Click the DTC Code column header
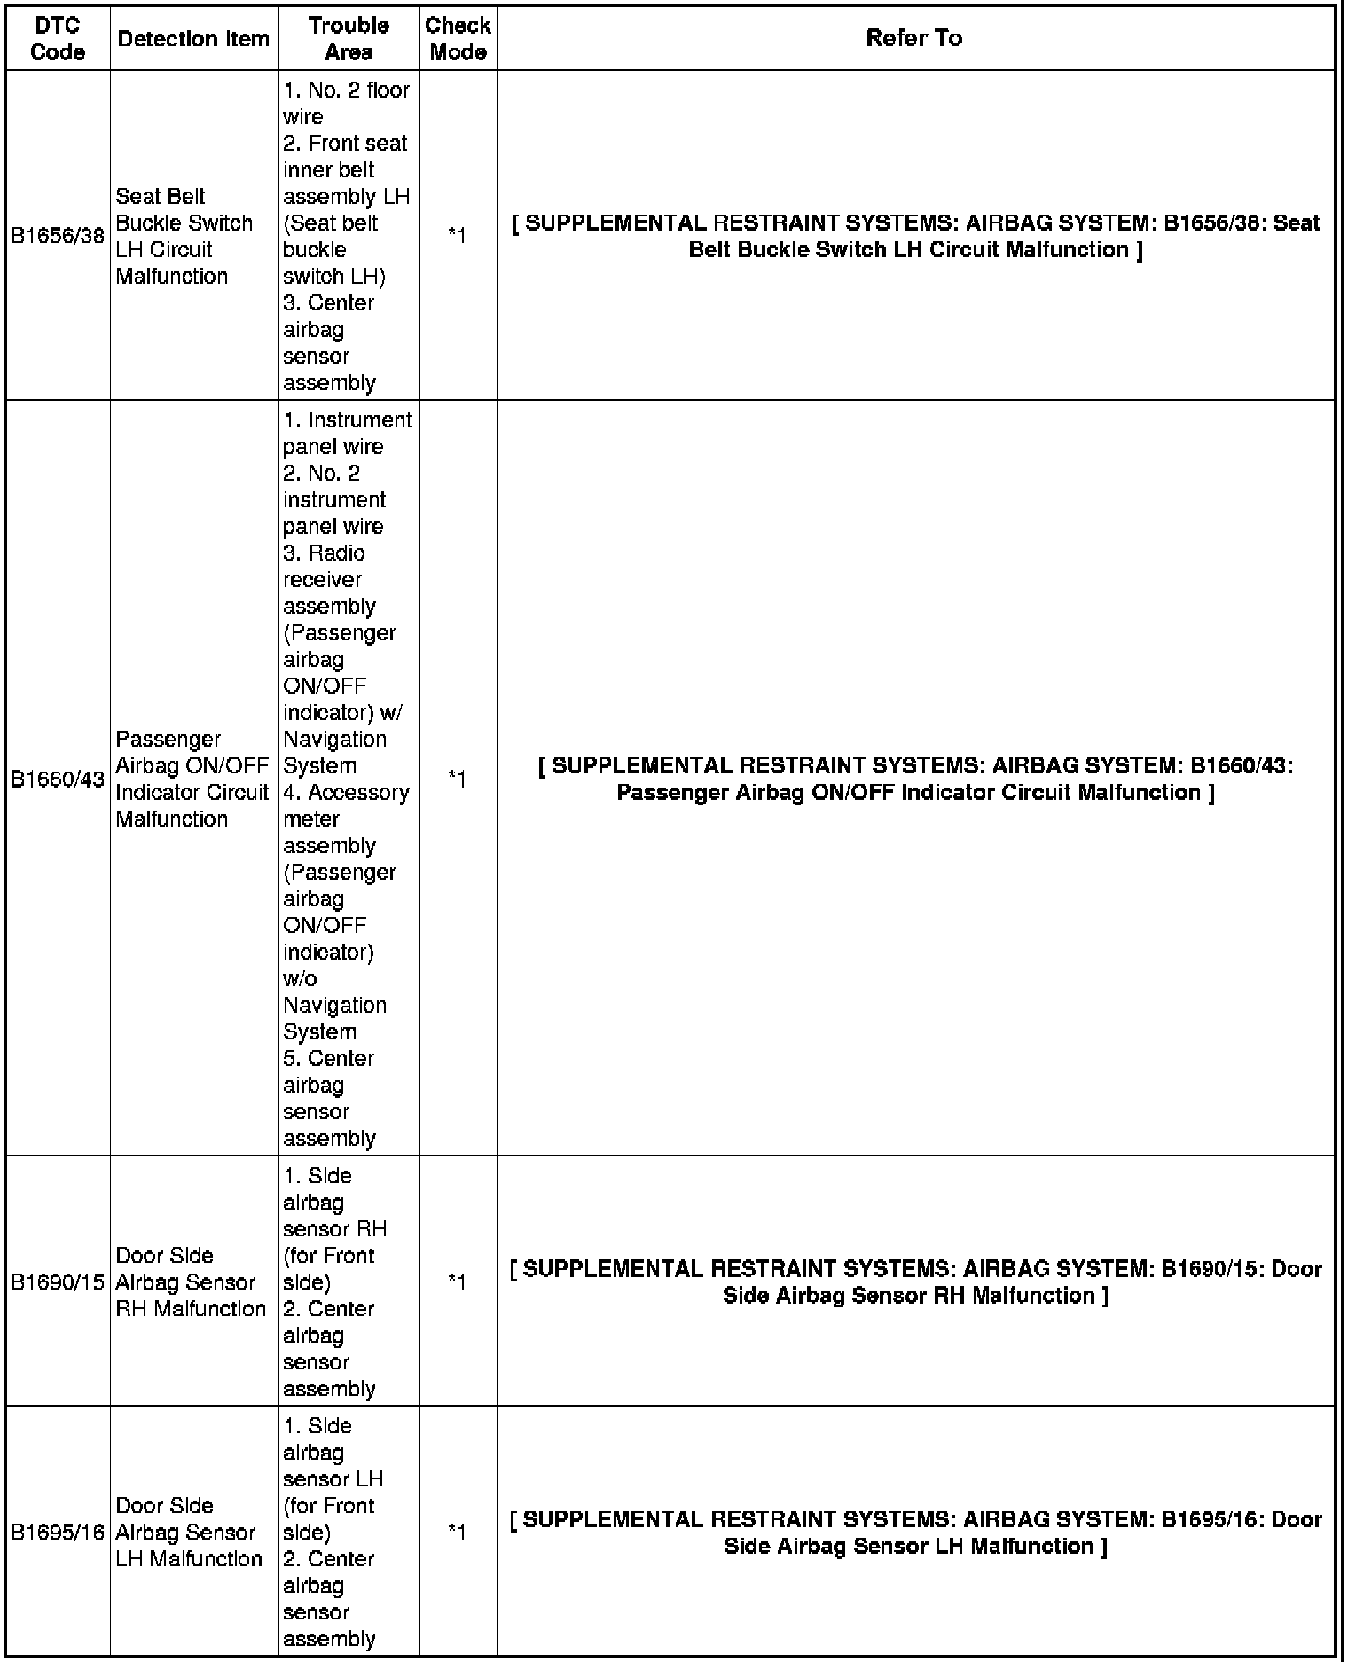click(58, 38)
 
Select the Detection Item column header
click(193, 38)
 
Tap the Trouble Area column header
click(349, 38)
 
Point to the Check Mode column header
click(458, 38)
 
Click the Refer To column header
click(914, 38)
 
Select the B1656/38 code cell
click(58, 236)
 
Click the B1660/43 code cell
click(58, 779)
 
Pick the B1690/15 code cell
click(58, 1282)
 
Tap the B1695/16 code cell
click(58, 1532)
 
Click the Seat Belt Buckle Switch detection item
click(184, 236)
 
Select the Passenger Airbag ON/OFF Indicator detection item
click(192, 779)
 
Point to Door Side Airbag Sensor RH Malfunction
click(190, 1282)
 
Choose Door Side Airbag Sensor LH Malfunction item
click(188, 1532)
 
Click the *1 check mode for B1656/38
click(457, 236)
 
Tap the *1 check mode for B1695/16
click(457, 1532)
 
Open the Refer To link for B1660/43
click(915, 779)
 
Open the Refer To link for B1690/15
click(915, 1282)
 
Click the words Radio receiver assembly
click(329, 580)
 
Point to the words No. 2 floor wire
click(346, 103)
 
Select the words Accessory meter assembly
click(346, 819)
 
